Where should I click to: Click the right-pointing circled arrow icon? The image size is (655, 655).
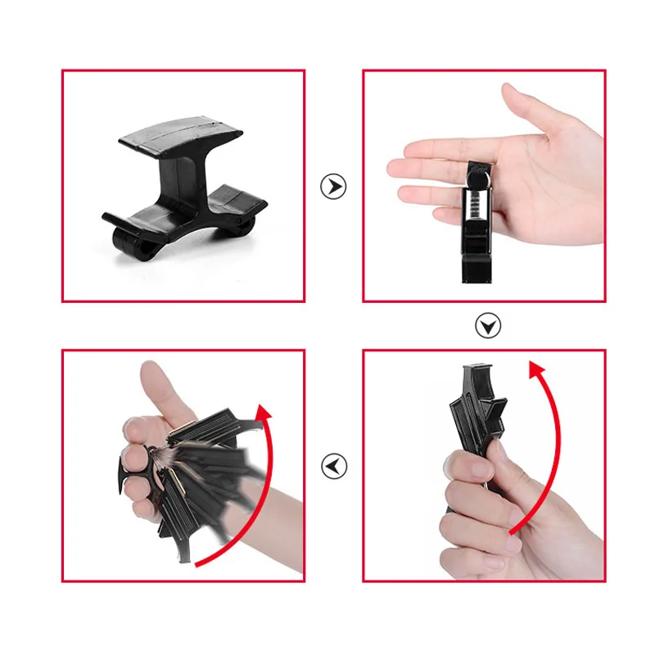coord(333,187)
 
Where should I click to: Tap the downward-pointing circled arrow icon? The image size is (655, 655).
coord(489,327)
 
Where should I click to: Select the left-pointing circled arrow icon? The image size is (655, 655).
coord(333,467)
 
